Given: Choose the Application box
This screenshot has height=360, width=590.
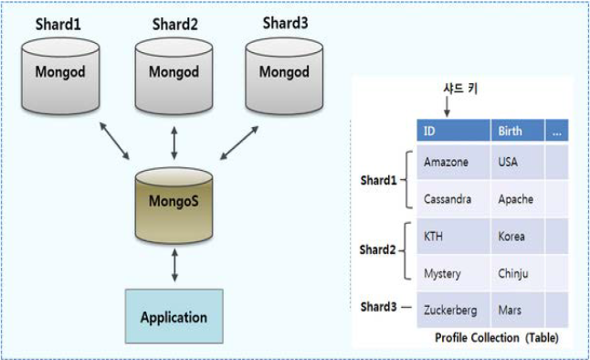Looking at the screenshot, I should click(174, 317).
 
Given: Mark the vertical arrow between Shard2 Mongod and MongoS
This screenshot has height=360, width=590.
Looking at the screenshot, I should click(174, 143).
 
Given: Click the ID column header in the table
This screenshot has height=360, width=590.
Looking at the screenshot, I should click(453, 131).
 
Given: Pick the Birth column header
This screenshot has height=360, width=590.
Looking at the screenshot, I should click(517, 131).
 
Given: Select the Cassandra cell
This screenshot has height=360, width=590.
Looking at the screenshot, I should click(453, 198).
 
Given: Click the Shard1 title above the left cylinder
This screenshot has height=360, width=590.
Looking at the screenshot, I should click(58, 23).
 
